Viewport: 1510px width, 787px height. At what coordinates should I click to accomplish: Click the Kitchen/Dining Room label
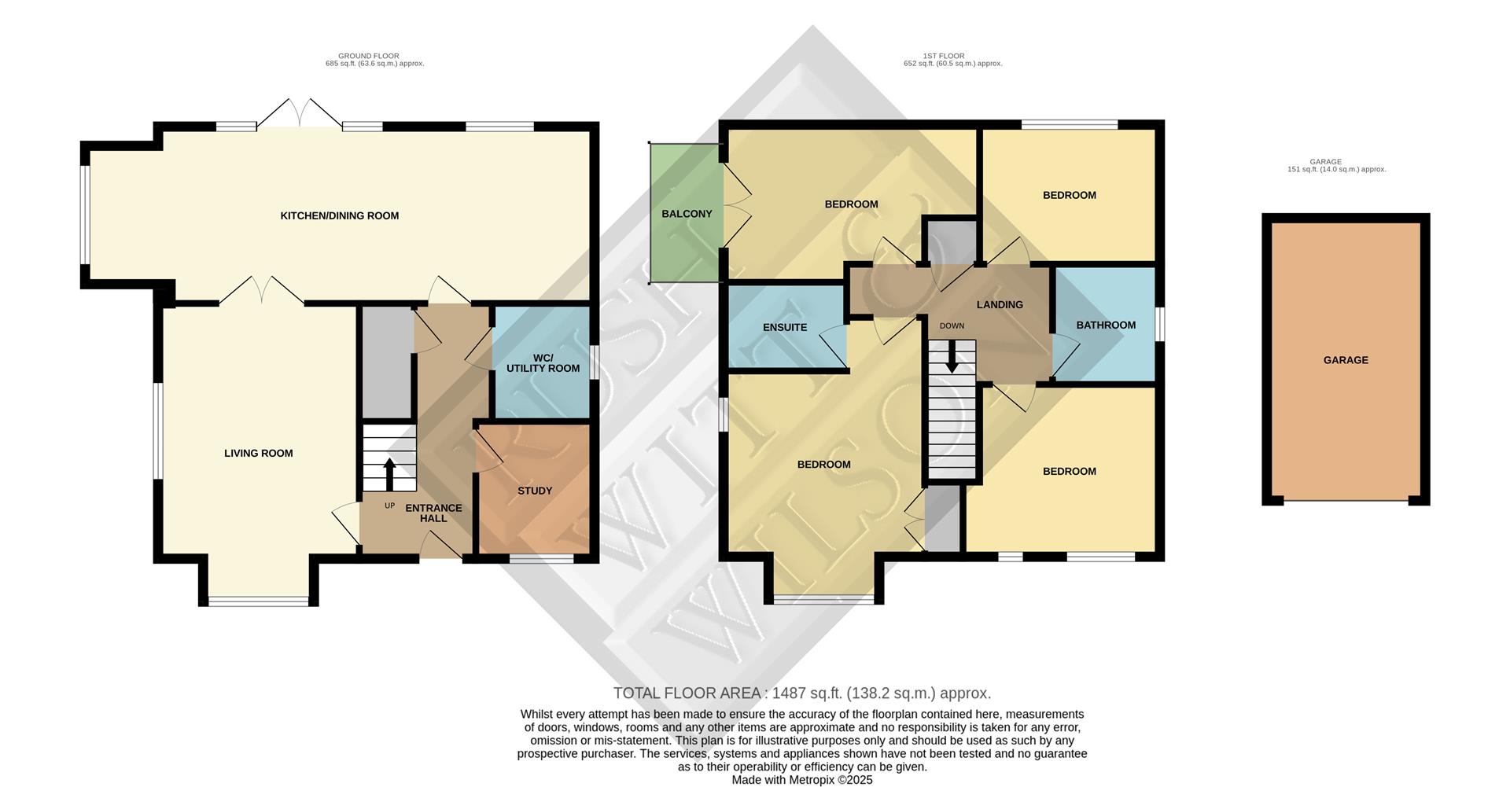[x=339, y=215]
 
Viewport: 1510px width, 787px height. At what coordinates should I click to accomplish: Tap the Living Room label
[x=258, y=453]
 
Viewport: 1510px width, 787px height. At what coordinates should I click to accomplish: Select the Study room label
[x=535, y=491]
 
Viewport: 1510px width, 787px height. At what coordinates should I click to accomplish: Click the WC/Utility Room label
[x=543, y=363]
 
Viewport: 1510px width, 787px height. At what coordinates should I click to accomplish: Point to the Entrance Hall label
[x=433, y=513]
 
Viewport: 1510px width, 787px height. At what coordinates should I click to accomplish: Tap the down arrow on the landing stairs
[x=952, y=358]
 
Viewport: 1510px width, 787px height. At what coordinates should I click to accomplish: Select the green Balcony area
[x=686, y=214]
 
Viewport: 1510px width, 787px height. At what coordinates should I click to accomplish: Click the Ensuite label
[x=785, y=327]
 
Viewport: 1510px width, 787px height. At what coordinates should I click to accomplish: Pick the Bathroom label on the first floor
[x=1106, y=325]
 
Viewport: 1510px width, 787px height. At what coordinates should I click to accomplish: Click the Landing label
[x=1000, y=304]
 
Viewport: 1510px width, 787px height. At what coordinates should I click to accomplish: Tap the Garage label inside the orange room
[x=1346, y=360]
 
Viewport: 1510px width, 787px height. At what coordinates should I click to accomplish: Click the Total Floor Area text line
[x=801, y=693]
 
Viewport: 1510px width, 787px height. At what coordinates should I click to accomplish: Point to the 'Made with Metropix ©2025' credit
[x=801, y=780]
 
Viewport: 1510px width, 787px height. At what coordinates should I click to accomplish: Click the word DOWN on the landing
[x=952, y=325]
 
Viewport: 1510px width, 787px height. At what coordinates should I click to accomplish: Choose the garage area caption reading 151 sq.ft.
[x=1336, y=169]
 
